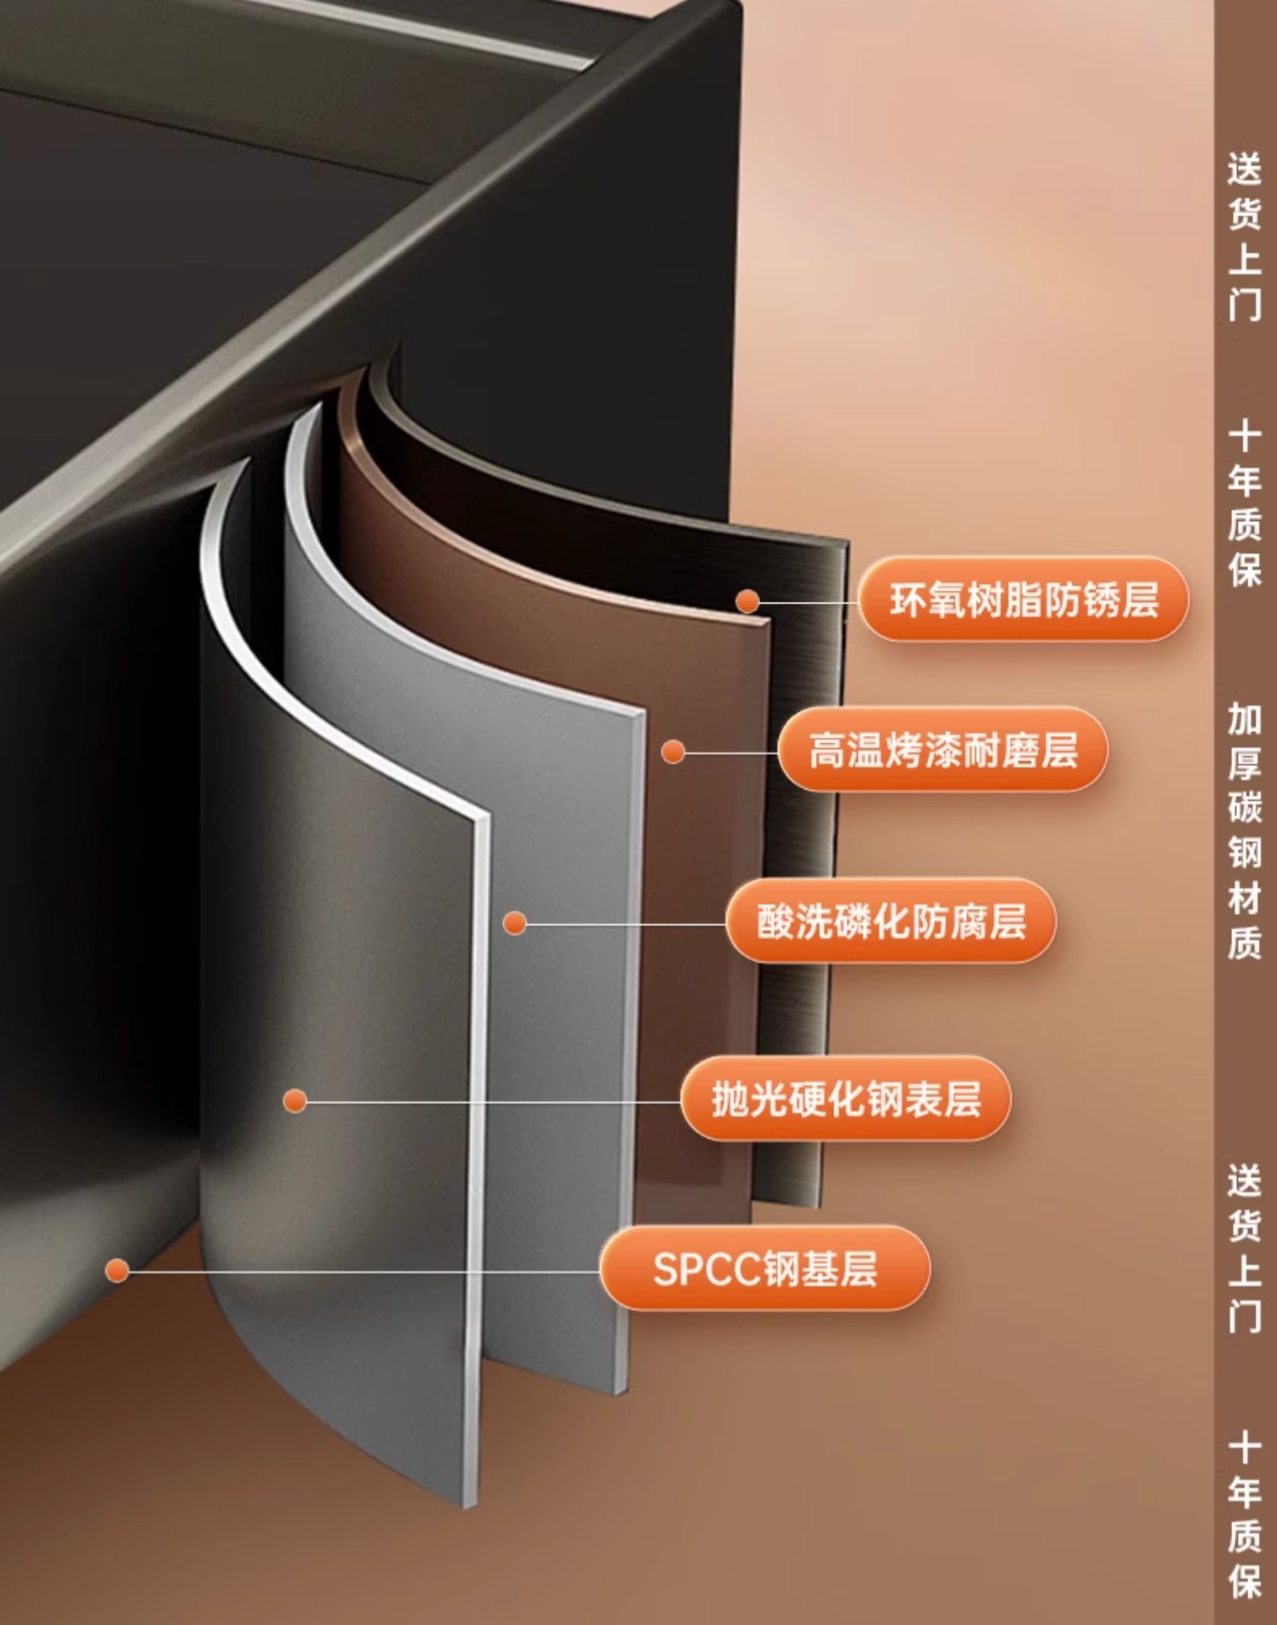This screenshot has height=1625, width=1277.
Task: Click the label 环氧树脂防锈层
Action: [x=1022, y=599]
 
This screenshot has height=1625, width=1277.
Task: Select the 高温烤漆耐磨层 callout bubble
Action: [x=942, y=751]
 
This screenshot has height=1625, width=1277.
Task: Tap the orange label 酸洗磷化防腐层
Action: [x=890, y=922]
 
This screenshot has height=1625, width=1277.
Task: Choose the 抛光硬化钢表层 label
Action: [x=845, y=1099]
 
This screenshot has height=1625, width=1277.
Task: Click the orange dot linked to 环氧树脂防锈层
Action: [x=747, y=601]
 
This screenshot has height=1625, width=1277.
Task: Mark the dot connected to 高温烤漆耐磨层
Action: [x=673, y=752]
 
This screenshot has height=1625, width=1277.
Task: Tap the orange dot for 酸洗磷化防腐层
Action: [x=514, y=923]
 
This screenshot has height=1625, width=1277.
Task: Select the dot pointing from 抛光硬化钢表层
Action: [x=295, y=1101]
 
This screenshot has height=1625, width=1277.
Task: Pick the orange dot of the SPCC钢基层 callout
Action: [x=117, y=1271]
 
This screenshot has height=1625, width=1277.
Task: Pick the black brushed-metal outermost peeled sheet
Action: [x=809, y=851]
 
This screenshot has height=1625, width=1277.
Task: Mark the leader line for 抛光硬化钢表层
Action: [x=494, y=1101]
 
